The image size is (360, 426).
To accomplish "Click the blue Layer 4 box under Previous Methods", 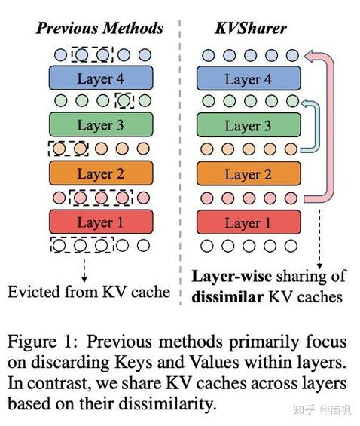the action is pyautogui.click(x=101, y=78).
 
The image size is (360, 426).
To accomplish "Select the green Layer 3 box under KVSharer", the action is pyautogui.click(x=249, y=125).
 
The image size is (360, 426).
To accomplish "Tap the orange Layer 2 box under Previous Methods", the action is pyautogui.click(x=101, y=173).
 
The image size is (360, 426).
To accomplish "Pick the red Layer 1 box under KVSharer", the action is pyautogui.click(x=249, y=222).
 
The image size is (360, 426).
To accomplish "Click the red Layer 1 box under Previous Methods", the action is pyautogui.click(x=101, y=222).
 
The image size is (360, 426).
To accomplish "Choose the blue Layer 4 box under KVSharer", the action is pyautogui.click(x=249, y=78).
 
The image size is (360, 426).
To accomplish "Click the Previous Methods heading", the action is pyautogui.click(x=100, y=28).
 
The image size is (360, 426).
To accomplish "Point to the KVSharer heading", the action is pyautogui.click(x=251, y=28).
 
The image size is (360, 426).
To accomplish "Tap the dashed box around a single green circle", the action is pyautogui.click(x=124, y=100).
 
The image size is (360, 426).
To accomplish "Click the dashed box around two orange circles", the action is pyautogui.click(x=68, y=149).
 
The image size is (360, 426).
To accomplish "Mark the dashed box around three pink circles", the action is pyautogui.click(x=101, y=198).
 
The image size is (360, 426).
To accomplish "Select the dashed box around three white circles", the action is pyautogui.click(x=82, y=245).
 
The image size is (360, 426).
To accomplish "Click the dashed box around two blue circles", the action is pyautogui.click(x=92, y=54).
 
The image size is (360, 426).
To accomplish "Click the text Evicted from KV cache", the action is pyautogui.click(x=89, y=292).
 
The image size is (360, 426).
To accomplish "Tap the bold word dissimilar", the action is pyautogui.click(x=227, y=297).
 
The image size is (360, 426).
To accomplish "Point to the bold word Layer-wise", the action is pyautogui.click(x=232, y=277).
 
